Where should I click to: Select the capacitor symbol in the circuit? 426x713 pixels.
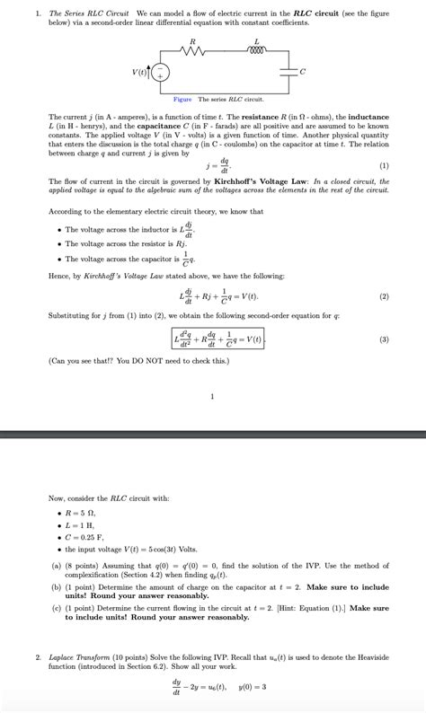(x=288, y=72)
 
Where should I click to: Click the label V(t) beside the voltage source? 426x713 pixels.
(x=138, y=73)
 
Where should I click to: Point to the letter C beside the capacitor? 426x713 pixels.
(x=303, y=72)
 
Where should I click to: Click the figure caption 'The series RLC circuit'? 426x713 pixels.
(x=230, y=99)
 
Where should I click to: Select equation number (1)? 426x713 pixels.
(x=384, y=166)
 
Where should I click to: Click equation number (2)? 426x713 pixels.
(x=384, y=296)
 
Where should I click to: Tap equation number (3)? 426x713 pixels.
(x=384, y=339)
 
